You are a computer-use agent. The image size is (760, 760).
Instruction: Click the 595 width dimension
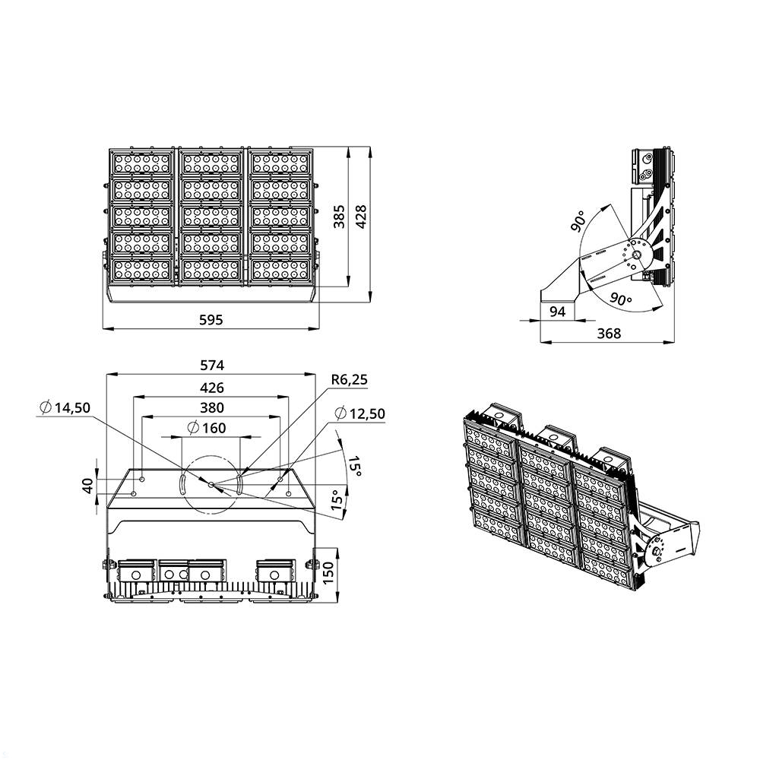coord(211,320)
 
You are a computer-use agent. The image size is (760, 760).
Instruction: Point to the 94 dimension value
coord(557,311)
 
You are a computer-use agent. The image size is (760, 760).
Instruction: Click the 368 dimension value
coord(608,333)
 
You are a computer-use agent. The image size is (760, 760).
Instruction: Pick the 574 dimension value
coord(211,366)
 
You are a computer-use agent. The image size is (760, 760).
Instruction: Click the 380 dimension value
coord(211,407)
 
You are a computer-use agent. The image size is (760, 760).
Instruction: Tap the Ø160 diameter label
coord(205,428)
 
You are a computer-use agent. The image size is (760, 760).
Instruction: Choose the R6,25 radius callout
coord(350,379)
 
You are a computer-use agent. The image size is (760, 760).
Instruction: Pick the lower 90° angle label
coord(621,298)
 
